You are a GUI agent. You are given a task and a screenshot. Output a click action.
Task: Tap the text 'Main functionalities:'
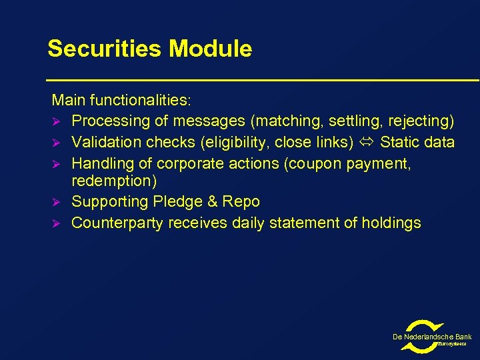pos(121,101)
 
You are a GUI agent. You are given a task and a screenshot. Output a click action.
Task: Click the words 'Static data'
pos(417,142)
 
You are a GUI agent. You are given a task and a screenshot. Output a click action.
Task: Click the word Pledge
pos(180,201)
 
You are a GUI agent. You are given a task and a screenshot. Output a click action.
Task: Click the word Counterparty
pos(117,223)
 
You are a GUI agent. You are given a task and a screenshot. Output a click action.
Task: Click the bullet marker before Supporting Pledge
pos(57,202)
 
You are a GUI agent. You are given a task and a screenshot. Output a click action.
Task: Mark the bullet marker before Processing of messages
pos(57,122)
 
